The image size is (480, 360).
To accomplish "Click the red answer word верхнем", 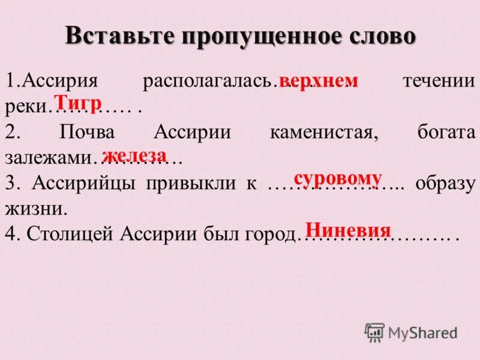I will (319, 81).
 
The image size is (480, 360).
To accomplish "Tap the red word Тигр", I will (77, 101).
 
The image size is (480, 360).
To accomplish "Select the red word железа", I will (134, 155).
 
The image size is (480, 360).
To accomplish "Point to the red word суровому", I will (338, 178).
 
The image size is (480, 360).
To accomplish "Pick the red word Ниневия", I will (349, 230).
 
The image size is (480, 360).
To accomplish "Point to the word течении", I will (439, 82).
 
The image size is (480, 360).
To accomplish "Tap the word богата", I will (446, 133).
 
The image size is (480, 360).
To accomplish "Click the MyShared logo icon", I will (374, 332).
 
